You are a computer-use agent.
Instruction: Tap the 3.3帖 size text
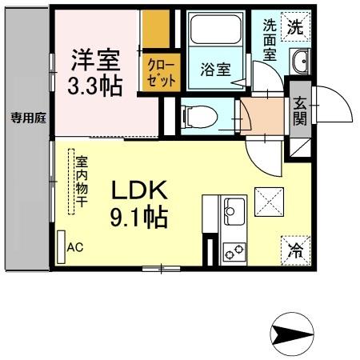pyautogui.click(x=98, y=85)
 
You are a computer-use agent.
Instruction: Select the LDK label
pyautogui.click(x=138, y=191)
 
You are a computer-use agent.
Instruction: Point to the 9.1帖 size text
pyautogui.click(x=138, y=217)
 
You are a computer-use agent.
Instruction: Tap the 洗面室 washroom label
pyautogui.click(x=270, y=40)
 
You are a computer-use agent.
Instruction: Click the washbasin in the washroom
pyautogui.click(x=299, y=62)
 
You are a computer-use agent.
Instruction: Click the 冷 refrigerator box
pyautogui.click(x=292, y=249)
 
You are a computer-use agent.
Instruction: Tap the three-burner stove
pyautogui.click(x=234, y=251)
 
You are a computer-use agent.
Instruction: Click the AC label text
pyautogui.click(x=74, y=247)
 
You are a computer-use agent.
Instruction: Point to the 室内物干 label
pyautogui.click(x=81, y=183)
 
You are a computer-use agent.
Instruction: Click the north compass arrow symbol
pyautogui.click(x=290, y=334)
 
